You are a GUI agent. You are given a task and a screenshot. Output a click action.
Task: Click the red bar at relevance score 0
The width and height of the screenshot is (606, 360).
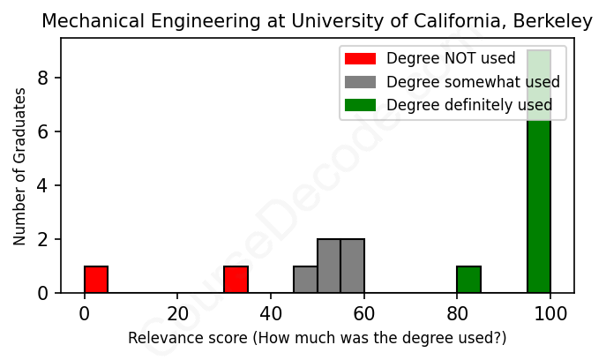[x=96, y=279]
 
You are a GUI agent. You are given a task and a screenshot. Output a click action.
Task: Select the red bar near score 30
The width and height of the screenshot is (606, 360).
[x=236, y=279]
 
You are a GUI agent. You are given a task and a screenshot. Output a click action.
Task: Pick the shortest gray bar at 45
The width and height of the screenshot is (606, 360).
[x=305, y=279]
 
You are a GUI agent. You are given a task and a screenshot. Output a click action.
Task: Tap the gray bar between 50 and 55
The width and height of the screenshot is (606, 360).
[x=329, y=266]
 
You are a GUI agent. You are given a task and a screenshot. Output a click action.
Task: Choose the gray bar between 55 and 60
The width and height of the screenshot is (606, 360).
[x=352, y=266]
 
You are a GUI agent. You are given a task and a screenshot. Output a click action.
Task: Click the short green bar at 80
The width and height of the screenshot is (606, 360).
[x=468, y=279]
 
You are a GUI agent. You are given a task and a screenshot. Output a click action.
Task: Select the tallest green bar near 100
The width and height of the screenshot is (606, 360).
[x=539, y=171]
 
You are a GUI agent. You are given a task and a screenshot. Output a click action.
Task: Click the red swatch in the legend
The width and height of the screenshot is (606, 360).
[x=360, y=59]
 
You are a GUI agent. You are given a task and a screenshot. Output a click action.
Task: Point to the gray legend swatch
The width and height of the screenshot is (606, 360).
[x=360, y=82]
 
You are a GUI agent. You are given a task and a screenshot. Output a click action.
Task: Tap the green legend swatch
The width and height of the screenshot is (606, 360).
[x=360, y=105]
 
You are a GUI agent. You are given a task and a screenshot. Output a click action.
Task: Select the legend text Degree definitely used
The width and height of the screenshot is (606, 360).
[x=469, y=105]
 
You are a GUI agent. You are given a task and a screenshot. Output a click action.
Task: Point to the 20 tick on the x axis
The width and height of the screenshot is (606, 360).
[x=177, y=315]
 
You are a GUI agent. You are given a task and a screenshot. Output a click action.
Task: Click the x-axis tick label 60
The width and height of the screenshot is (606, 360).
[x=364, y=315]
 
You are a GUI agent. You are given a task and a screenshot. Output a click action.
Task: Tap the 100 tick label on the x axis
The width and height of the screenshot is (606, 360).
[x=550, y=315]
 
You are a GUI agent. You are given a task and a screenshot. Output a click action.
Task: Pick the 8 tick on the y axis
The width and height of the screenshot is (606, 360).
[x=42, y=79]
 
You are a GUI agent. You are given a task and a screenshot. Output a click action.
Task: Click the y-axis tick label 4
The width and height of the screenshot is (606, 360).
[x=42, y=185]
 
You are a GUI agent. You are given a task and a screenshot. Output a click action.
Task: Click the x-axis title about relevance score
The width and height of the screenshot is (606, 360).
[x=318, y=338]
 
